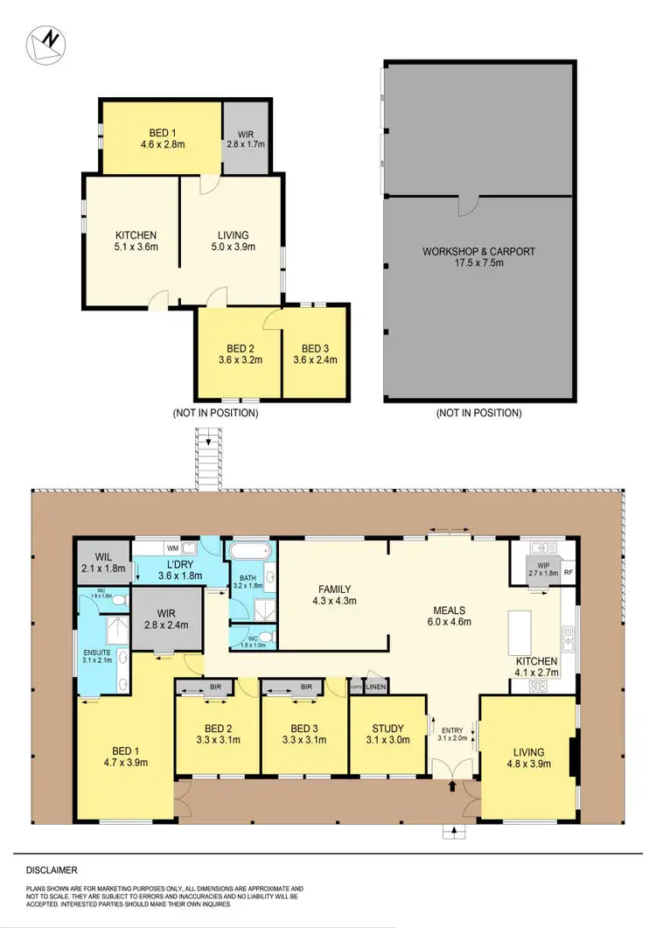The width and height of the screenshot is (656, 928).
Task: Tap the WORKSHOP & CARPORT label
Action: coord(478,251)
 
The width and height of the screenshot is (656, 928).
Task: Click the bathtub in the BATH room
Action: coord(250,553)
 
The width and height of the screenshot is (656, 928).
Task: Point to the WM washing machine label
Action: coord(172,548)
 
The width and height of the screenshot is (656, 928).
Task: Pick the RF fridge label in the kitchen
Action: coord(568,575)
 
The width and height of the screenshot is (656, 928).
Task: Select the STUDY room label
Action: coord(381,729)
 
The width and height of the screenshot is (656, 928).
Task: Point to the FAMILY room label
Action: coord(332,589)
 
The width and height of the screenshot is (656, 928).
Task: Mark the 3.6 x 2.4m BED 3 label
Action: coord(314,352)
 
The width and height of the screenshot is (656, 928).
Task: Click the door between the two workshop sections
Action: coord(469,205)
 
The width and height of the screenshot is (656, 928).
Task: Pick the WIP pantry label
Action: coord(536,569)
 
